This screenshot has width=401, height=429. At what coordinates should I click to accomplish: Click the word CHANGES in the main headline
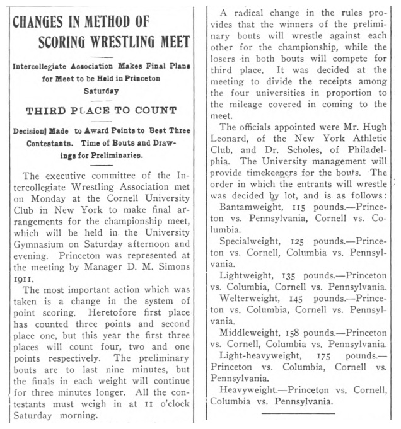pos(41,21)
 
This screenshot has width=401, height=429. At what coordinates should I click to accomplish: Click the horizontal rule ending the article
pos(298,413)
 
